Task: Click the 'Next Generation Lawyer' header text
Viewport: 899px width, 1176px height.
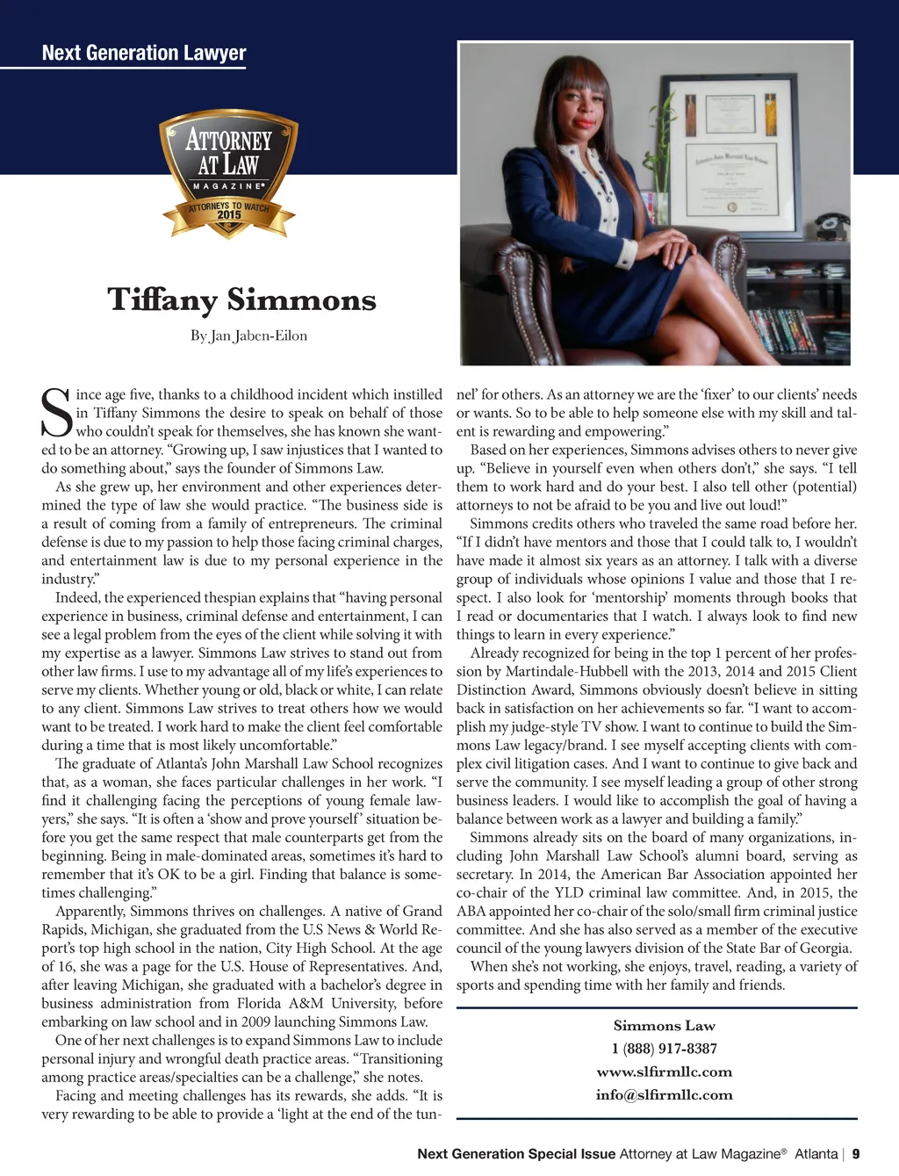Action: tap(144, 53)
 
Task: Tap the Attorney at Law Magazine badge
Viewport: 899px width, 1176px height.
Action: tap(228, 171)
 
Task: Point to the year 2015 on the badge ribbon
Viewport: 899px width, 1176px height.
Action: tap(229, 215)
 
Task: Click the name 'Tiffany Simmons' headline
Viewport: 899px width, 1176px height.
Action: tap(241, 299)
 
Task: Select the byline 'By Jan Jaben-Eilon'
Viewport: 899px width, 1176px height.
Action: tap(248, 335)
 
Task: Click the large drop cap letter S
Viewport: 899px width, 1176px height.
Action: tap(57, 414)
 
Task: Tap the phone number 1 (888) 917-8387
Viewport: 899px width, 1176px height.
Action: tap(664, 1049)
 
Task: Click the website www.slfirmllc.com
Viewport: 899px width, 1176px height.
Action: tap(664, 1071)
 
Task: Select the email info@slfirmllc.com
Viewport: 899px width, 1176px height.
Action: tap(664, 1094)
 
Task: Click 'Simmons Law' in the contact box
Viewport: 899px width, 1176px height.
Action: tap(664, 1026)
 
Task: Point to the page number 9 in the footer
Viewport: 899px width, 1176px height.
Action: tap(856, 1154)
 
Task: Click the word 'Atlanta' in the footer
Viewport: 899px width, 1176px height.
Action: tap(816, 1154)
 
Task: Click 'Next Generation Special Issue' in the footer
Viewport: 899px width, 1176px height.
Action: tap(516, 1154)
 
